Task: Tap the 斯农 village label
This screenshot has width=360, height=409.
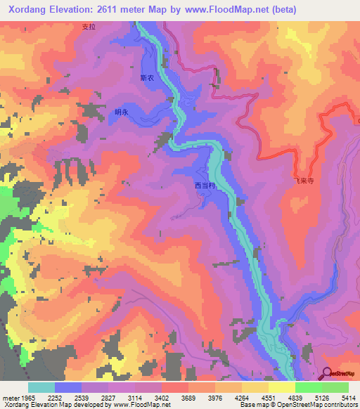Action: click(x=146, y=79)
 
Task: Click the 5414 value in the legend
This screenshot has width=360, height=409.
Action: click(x=349, y=398)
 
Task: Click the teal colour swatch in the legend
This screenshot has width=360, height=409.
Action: click(x=41, y=387)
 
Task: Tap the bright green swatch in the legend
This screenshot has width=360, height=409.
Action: click(x=308, y=387)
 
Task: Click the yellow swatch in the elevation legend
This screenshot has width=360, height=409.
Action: click(x=281, y=387)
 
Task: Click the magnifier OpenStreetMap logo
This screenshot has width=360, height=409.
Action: click(x=328, y=372)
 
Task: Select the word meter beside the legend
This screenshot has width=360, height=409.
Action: click(x=11, y=398)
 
